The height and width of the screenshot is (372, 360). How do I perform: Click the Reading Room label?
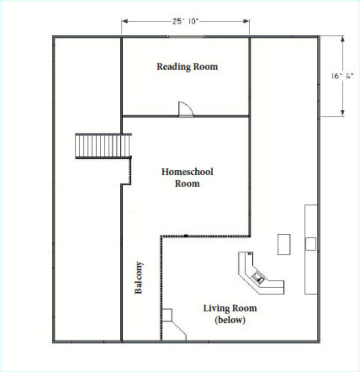tap(187, 67)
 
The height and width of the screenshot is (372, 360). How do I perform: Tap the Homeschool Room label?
tap(187, 177)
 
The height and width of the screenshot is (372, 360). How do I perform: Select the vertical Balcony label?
tap(139, 277)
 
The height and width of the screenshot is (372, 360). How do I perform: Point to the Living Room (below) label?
tap(230, 313)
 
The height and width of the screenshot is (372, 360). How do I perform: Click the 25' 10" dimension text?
tap(185, 21)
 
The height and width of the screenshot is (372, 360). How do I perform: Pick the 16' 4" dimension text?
tap(342, 76)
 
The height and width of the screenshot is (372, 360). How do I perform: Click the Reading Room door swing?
tap(185, 109)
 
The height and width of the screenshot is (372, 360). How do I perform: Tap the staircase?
tap(103, 146)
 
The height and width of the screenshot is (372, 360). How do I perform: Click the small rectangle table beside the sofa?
tap(283, 245)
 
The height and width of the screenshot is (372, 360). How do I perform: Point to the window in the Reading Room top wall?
tap(185, 37)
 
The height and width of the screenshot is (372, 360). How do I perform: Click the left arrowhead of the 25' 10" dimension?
tap(125, 21)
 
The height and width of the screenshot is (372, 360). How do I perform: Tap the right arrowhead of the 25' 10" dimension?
tap(246, 21)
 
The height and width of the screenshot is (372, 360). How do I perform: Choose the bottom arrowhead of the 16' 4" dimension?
tap(342, 113)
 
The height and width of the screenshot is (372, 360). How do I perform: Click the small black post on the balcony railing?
tap(186, 236)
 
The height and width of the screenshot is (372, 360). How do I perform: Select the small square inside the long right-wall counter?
tap(310, 244)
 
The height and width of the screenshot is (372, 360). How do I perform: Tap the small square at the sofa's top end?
tap(250, 254)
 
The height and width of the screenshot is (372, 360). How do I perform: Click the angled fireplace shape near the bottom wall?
tap(174, 325)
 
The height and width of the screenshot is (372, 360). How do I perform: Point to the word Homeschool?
tap(187, 172)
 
